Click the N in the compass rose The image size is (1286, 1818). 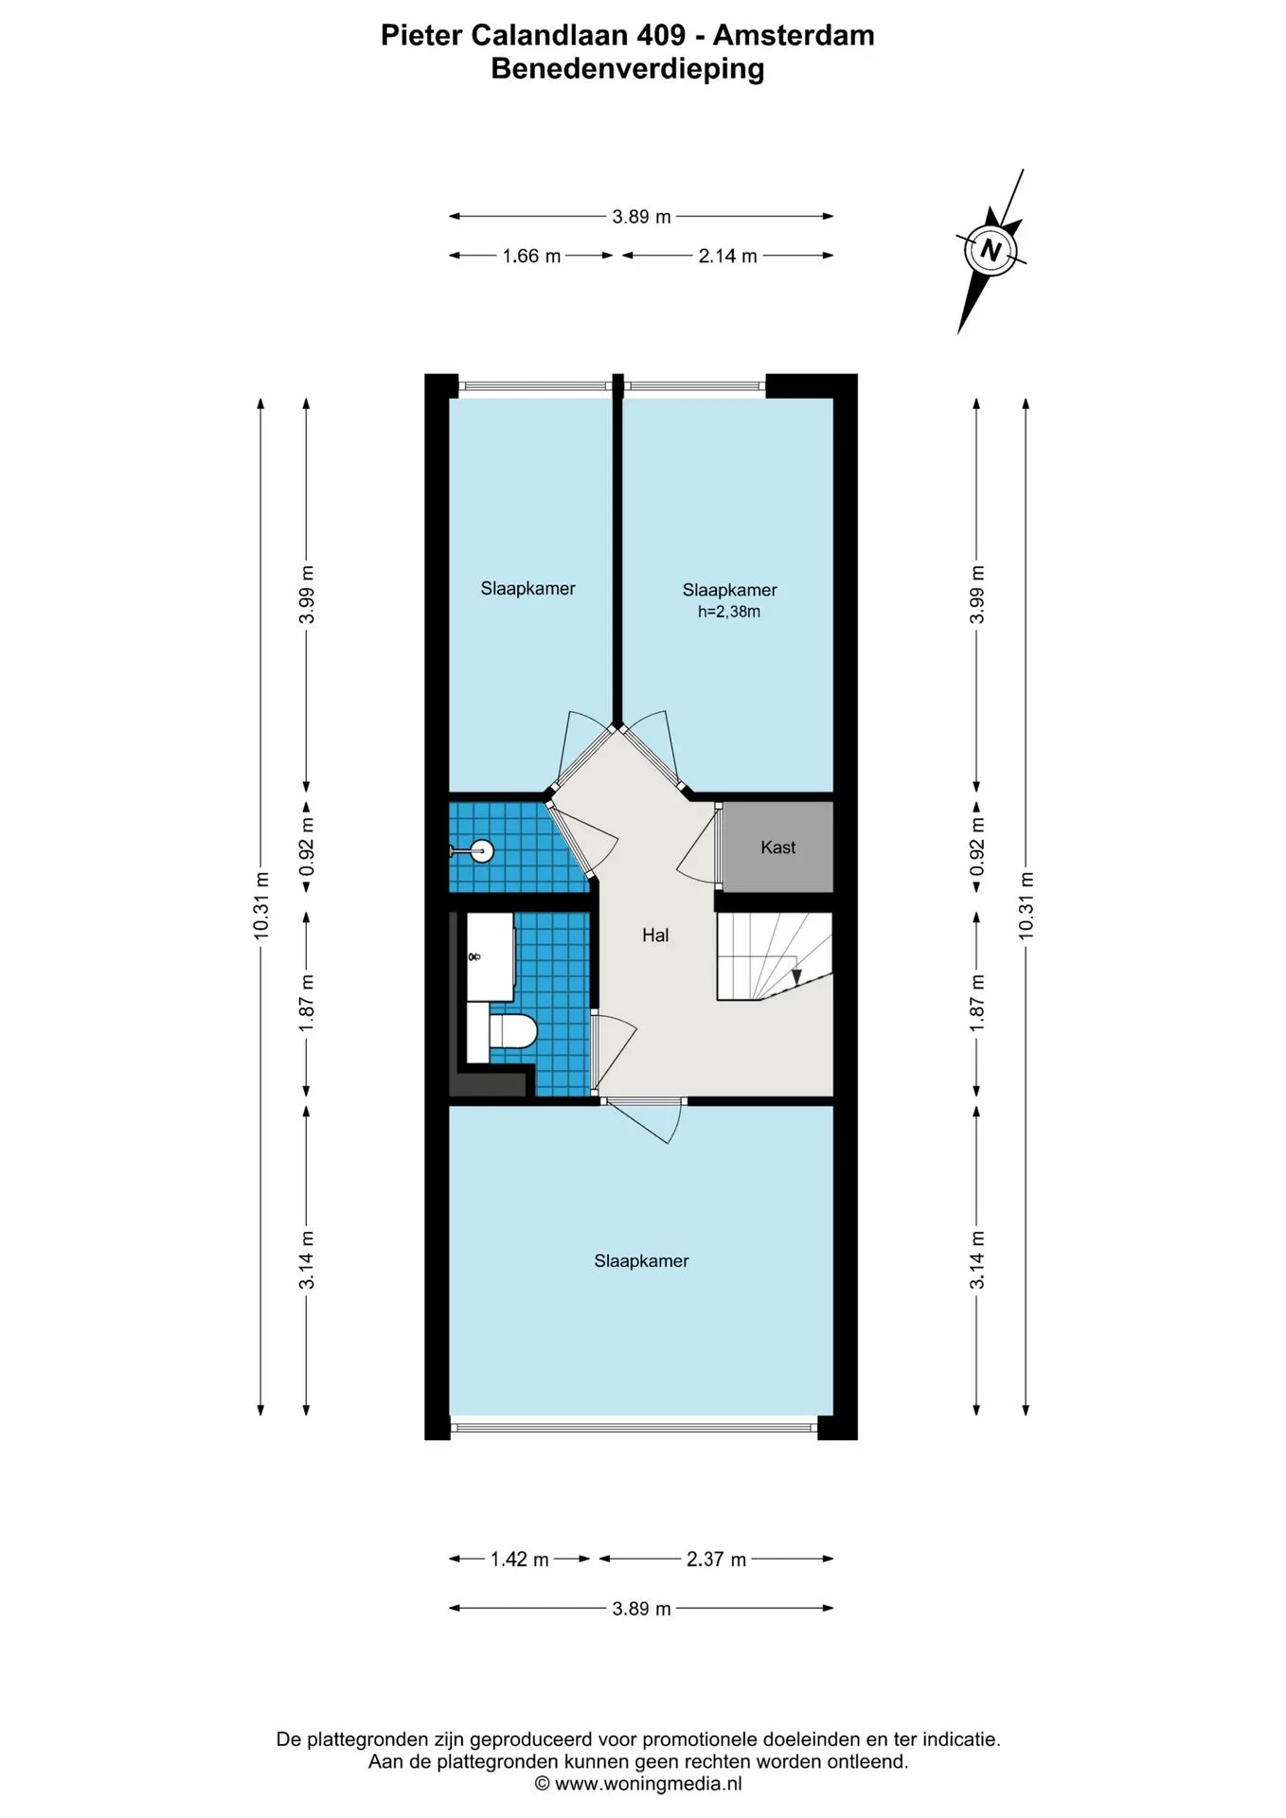[x=991, y=251]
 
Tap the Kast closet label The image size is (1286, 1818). [x=778, y=847]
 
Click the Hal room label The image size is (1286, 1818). [x=655, y=936]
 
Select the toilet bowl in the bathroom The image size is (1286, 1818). [x=512, y=1030]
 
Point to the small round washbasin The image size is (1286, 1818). [x=482, y=852]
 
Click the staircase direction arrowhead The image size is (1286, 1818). [x=796, y=976]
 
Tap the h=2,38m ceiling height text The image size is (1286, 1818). [x=729, y=612]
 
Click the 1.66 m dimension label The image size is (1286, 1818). [x=531, y=256]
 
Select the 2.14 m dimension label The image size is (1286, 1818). [x=727, y=256]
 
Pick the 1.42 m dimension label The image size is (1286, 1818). [x=519, y=1560]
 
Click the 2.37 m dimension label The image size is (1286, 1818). [x=716, y=1560]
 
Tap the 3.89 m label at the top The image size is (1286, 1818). [x=641, y=217]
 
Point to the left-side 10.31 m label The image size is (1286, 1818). [x=261, y=905]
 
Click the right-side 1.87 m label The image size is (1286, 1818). [x=977, y=1003]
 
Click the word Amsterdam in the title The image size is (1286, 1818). [x=794, y=35]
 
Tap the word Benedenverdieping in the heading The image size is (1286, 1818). [x=628, y=69]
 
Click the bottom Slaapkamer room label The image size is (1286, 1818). [x=641, y=1261]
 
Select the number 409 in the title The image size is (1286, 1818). [x=661, y=35]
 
